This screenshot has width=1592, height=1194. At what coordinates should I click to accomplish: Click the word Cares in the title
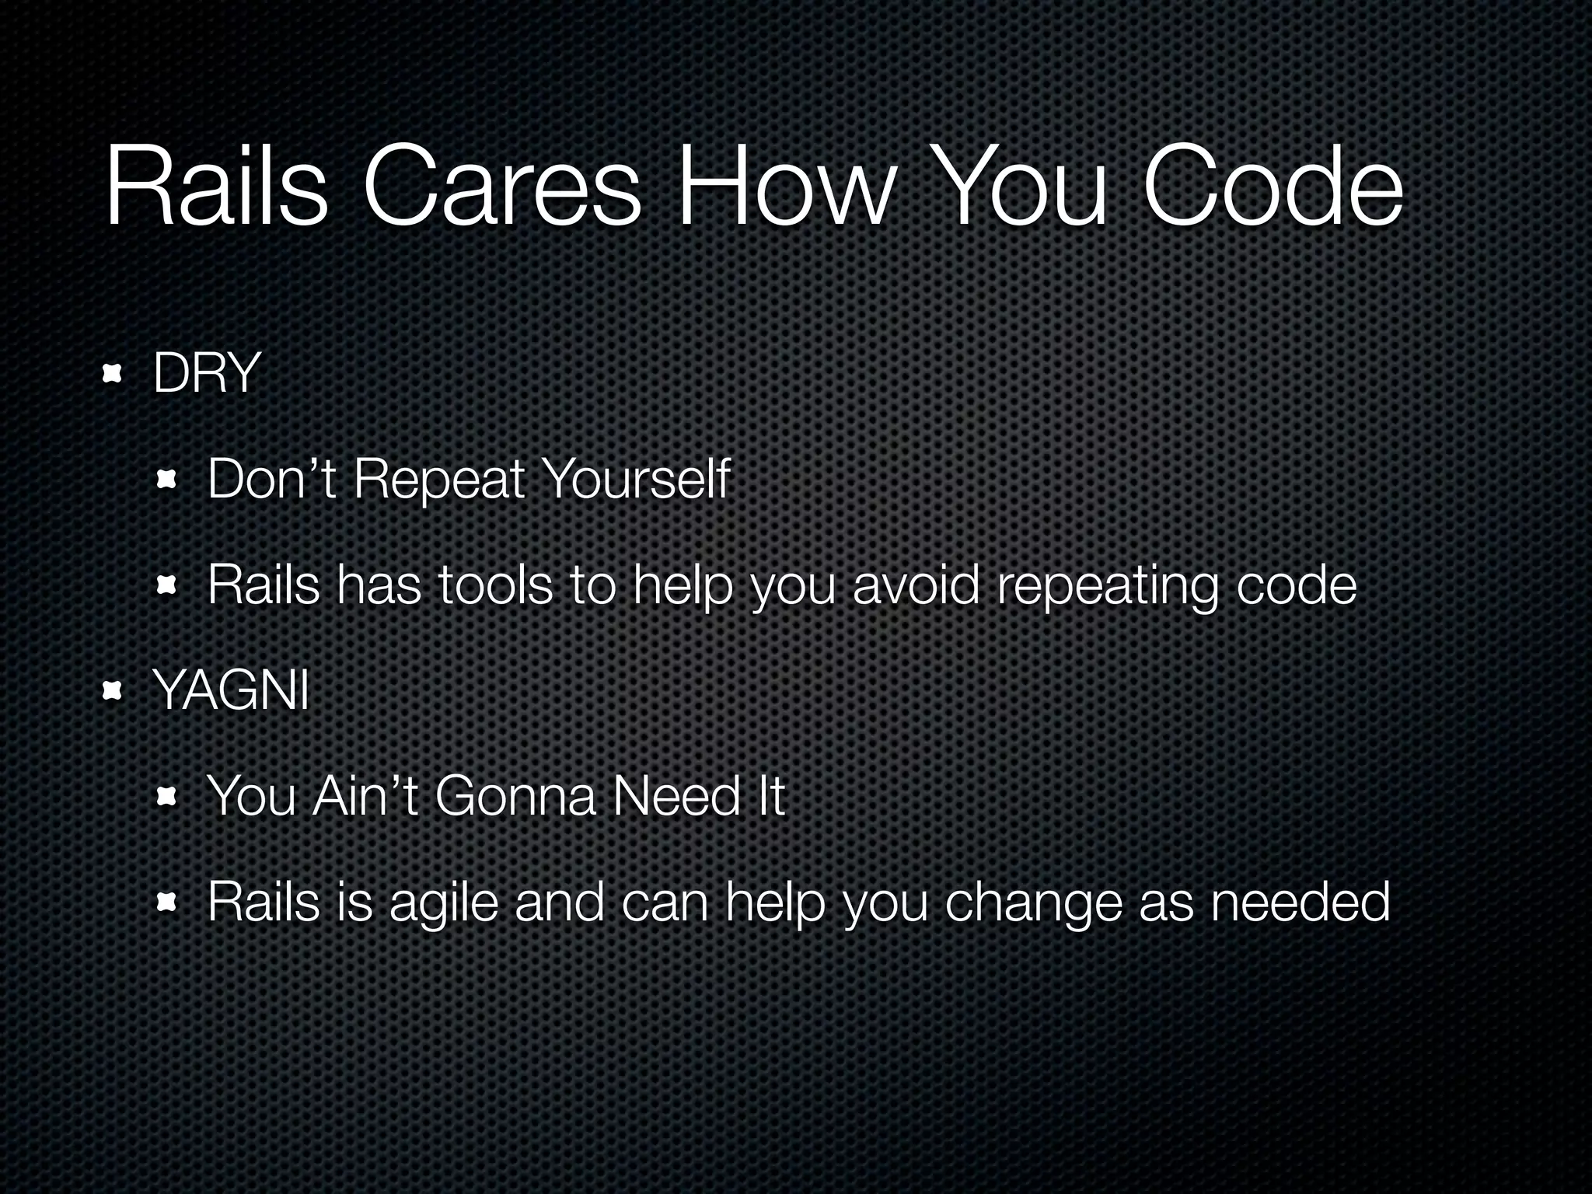(501, 190)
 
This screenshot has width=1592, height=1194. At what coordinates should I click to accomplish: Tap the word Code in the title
(1273, 190)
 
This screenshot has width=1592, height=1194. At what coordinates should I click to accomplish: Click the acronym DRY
(206, 374)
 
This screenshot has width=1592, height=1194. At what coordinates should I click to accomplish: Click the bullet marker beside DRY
(113, 375)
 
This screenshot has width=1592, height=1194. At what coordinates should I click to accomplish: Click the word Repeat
(439, 479)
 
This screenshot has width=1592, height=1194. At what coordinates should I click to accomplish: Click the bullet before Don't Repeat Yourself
(166, 480)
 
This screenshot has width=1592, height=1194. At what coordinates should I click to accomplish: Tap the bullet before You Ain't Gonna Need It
(166, 798)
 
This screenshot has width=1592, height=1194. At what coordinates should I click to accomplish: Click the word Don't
(272, 479)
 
